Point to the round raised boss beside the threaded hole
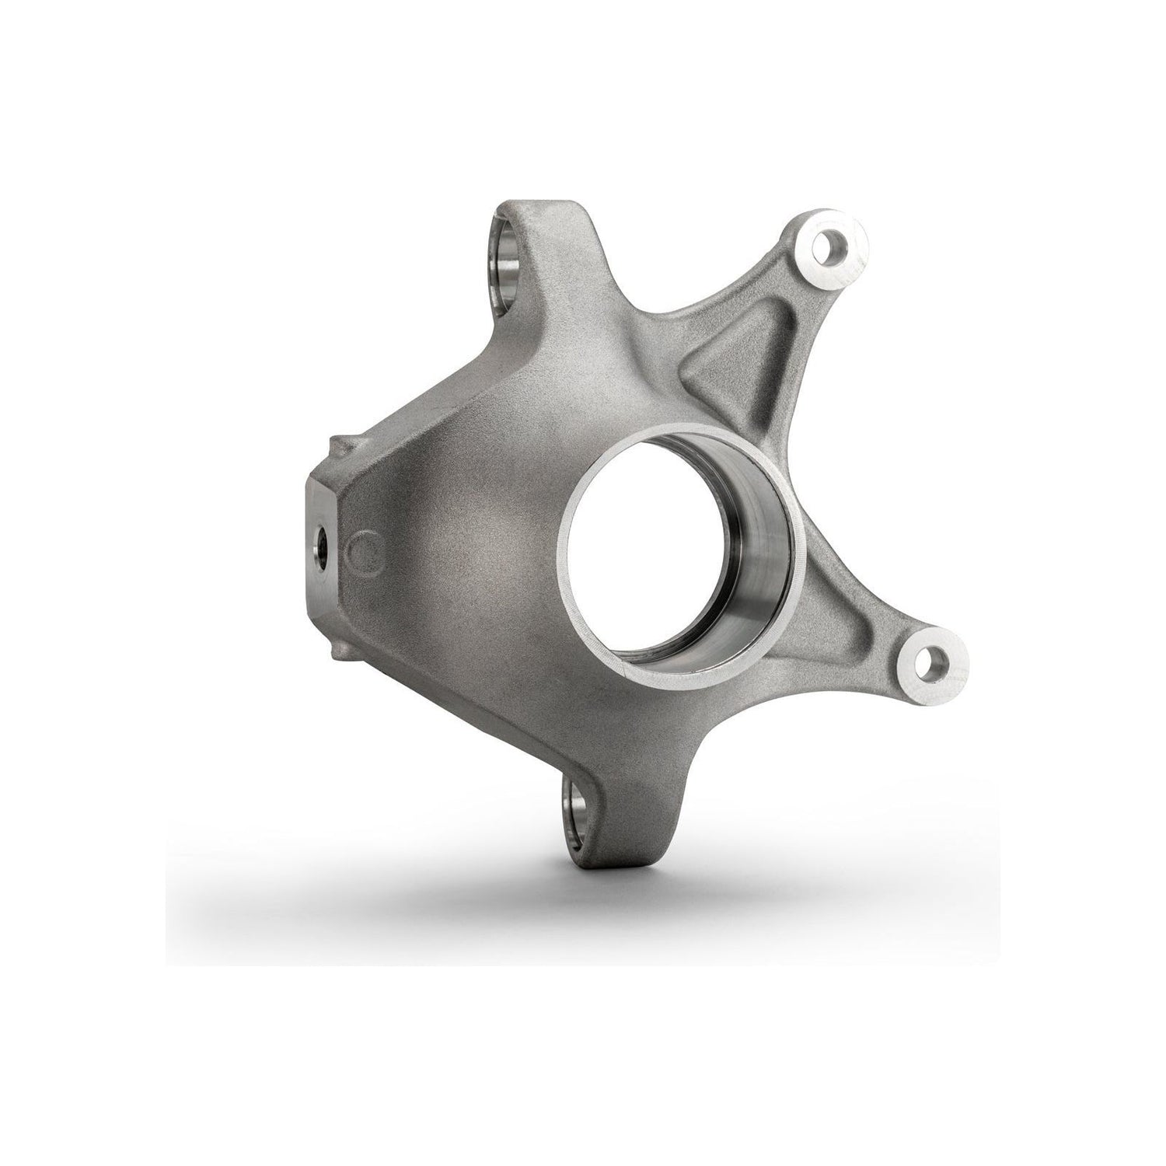364,550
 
